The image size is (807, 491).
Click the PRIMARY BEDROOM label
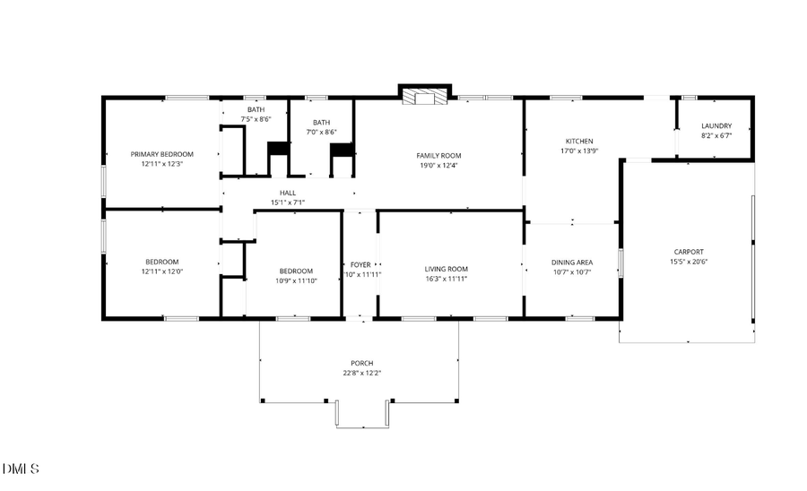coord(161,154)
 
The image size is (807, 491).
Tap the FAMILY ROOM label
coord(438,155)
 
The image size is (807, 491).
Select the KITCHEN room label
coord(578,142)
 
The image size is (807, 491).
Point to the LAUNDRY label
coord(716,126)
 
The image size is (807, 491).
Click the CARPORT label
coord(689,252)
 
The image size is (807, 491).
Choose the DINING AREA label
coord(571,263)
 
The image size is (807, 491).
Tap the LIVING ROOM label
coord(446,269)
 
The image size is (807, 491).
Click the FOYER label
coord(360,265)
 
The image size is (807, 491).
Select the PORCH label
coord(361,363)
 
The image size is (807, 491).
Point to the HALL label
coord(287,193)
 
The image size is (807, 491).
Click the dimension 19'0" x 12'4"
coord(438,165)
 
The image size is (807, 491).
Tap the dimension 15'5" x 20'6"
coord(689,262)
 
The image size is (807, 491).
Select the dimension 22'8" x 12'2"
coord(361,373)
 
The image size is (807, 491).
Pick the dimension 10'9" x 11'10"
coord(296,280)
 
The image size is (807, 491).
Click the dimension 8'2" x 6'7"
coord(716,136)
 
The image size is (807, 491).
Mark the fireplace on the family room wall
coord(422,97)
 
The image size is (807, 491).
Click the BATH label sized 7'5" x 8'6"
coord(256,109)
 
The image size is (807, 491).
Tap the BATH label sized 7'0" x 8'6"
coord(321,123)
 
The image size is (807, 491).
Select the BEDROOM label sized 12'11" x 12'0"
coord(161,262)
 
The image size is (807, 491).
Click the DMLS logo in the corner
coord(22,469)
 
